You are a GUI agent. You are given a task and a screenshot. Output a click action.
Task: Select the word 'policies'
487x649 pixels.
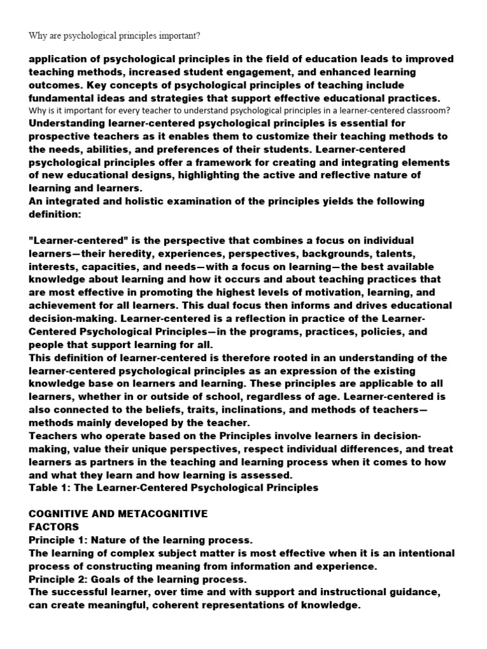click(x=369, y=331)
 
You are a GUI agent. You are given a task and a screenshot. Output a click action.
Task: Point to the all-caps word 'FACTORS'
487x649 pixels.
click(x=54, y=527)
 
